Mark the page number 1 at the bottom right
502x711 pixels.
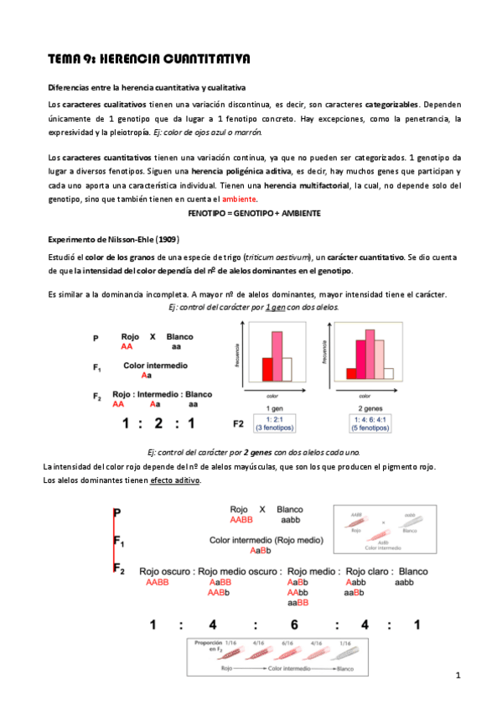coord(459,675)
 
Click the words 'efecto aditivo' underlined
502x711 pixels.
coord(175,480)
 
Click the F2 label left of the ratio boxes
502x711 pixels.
coord(239,423)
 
